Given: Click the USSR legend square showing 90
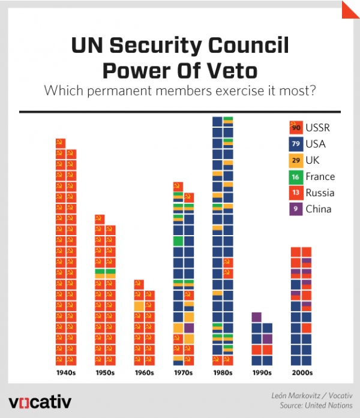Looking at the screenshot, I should coord(295,128).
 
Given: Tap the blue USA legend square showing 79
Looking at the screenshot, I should coord(295,144).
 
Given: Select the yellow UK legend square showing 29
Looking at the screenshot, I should coord(295,160).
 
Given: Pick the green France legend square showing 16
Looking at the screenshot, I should coord(295,176).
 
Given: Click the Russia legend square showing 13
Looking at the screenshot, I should coord(295,193).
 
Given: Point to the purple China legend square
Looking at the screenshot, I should coord(295,209).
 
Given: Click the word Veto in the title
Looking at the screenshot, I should coord(227,70).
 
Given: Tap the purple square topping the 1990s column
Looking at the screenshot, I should coord(256,317).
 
